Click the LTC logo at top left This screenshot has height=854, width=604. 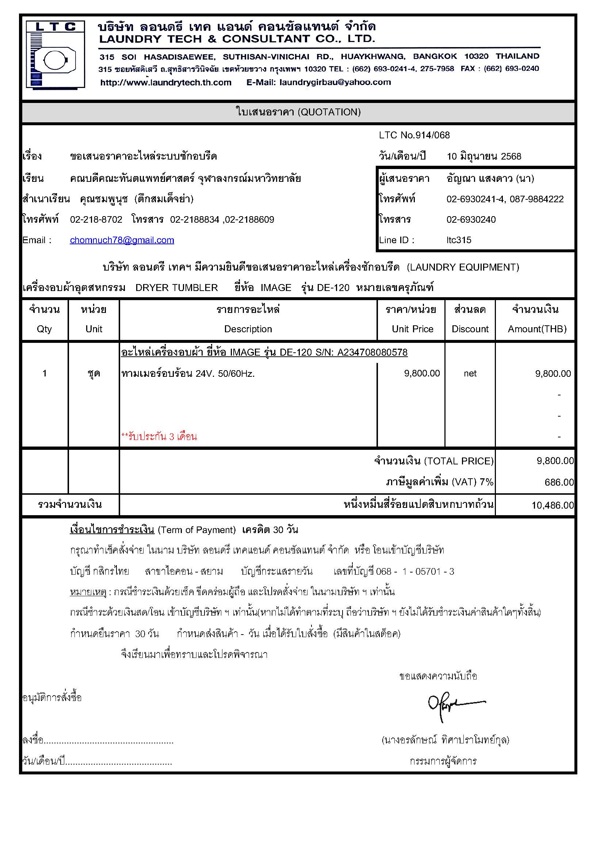(55, 55)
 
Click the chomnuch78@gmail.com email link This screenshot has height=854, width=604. (122, 240)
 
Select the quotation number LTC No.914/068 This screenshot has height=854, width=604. (414, 135)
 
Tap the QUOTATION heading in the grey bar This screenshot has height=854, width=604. (298, 112)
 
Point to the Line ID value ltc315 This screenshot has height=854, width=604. (459, 240)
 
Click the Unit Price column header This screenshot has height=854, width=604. (412, 329)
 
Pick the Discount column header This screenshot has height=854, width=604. (470, 329)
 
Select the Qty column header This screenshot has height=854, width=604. (44, 329)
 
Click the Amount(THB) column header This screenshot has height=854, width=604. (537, 329)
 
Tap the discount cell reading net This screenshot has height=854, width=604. (470, 374)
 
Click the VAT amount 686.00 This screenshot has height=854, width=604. (559, 482)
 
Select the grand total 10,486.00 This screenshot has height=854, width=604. (552, 505)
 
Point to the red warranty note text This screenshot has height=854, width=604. (159, 437)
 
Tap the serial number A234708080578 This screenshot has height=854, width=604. (372, 352)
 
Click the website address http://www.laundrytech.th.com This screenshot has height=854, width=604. (166, 83)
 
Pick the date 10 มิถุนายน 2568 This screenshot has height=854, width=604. (484, 156)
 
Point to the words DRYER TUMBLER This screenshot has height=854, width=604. (176, 288)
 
